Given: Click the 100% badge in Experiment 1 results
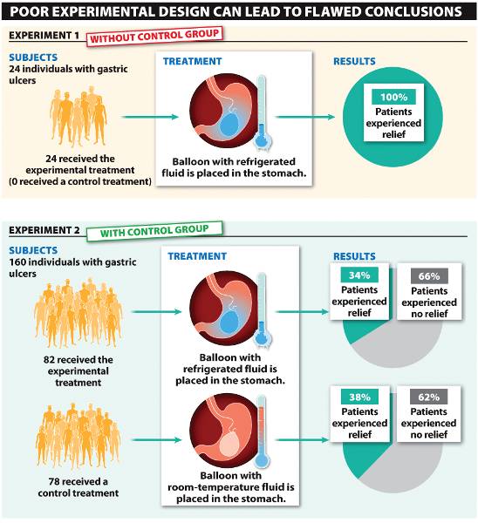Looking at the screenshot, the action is [x=393, y=97].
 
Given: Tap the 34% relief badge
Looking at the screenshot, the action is [x=359, y=275].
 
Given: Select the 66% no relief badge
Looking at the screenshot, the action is [x=429, y=276].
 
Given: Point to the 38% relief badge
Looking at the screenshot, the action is [x=359, y=397].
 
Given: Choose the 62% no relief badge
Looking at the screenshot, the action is [x=428, y=397].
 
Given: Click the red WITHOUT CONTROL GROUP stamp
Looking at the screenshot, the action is [x=154, y=36].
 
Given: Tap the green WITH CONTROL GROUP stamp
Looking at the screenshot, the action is [x=154, y=231].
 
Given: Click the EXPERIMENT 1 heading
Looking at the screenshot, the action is [x=44, y=36].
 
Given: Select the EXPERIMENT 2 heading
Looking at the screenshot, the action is [x=44, y=230].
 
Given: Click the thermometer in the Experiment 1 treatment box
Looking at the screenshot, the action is [x=263, y=112].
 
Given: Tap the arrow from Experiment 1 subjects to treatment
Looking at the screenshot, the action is [x=150, y=117].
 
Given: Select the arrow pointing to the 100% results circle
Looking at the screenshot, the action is [x=305, y=117].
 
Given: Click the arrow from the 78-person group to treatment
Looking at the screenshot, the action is [x=157, y=440].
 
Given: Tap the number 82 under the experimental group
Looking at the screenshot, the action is [x=49, y=359].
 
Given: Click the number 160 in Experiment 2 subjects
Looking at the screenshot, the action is [x=17, y=261].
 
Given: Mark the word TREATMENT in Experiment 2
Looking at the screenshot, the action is [x=197, y=256].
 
